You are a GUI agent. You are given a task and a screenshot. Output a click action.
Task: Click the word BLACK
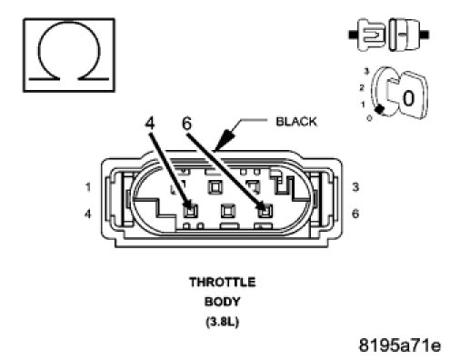[x=296, y=122]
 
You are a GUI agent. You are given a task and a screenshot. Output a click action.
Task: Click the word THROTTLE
[x=223, y=283]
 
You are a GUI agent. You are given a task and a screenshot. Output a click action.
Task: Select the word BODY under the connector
[x=223, y=302]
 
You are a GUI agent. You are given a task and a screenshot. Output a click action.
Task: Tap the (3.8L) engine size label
[x=223, y=322]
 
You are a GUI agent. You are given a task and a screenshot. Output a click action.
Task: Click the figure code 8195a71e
[x=400, y=345]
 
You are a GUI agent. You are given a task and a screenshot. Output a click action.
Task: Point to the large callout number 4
[x=150, y=124]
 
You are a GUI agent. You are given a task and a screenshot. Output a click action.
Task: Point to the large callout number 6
[x=186, y=124]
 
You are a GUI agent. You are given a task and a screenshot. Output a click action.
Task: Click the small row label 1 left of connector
[x=88, y=187]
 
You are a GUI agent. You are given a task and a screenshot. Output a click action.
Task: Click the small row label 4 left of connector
[x=87, y=215]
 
